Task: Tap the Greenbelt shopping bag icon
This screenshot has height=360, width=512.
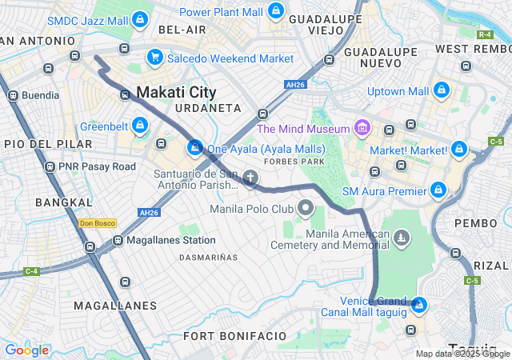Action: pos(141,126)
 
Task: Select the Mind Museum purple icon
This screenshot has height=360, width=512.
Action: pos(362,128)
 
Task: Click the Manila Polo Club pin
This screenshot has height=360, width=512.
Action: pos(305,208)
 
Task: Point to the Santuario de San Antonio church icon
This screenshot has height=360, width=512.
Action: pos(250,178)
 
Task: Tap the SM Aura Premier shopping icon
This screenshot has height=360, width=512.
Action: pos(438,190)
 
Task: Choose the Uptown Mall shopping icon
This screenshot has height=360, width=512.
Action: pos(442,91)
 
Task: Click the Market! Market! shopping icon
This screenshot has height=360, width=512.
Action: pos(458,150)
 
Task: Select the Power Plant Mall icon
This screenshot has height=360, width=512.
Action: pos(275,11)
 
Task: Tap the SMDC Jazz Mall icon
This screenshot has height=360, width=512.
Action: pos(140,18)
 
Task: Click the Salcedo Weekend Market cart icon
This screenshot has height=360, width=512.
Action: pos(154,58)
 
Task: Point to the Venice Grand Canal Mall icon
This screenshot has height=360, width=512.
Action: pos(418,305)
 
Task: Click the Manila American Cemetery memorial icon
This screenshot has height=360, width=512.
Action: pos(401,237)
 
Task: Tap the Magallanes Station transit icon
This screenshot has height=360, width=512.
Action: pos(117,240)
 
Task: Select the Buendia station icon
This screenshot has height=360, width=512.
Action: pos(13,95)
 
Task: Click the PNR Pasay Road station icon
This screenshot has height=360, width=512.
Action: pos(50,166)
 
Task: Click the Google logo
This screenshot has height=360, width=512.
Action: pos(26,350)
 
